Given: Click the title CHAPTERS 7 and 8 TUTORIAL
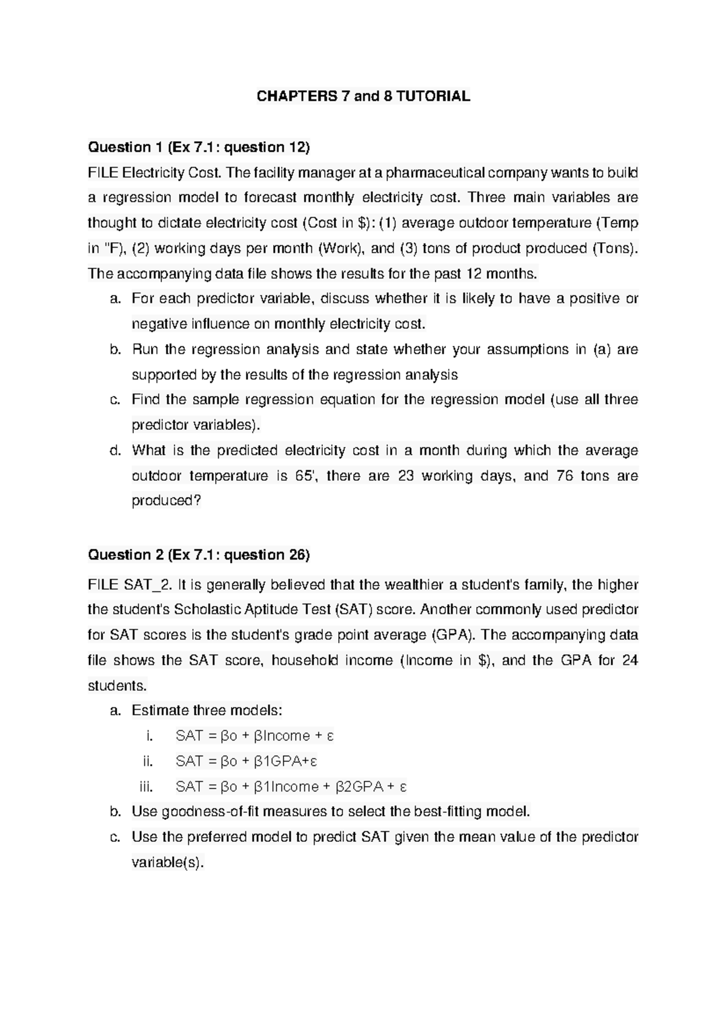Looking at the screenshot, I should [x=363, y=96].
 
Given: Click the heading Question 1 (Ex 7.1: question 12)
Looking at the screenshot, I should [x=199, y=147].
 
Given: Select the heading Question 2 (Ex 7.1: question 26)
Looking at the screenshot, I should [x=199, y=555].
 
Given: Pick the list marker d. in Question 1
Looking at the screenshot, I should [x=116, y=451].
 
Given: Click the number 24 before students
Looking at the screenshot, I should [x=630, y=661].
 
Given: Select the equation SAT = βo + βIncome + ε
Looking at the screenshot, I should [x=254, y=736].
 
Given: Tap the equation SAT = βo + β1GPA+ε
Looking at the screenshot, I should [x=247, y=761].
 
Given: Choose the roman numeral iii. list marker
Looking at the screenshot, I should [x=145, y=787].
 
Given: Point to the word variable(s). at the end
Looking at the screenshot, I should [x=168, y=862].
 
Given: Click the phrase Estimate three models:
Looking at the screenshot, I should [x=207, y=711].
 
